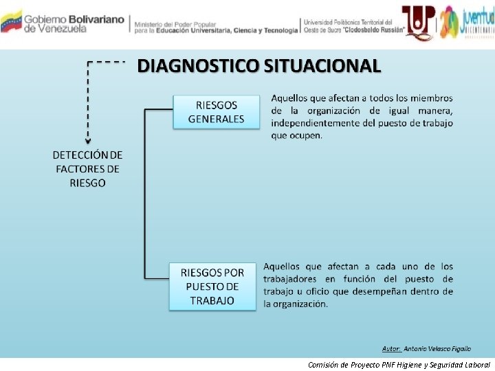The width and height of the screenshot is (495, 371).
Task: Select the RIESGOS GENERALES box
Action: point(216,112)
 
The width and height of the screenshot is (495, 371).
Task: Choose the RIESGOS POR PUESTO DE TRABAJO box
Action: point(212,286)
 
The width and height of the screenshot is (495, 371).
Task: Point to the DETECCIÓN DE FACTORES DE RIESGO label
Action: point(87,169)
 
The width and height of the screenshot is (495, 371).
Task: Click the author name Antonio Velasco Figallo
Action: point(437,348)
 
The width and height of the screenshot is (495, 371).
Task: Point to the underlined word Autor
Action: point(391,348)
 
